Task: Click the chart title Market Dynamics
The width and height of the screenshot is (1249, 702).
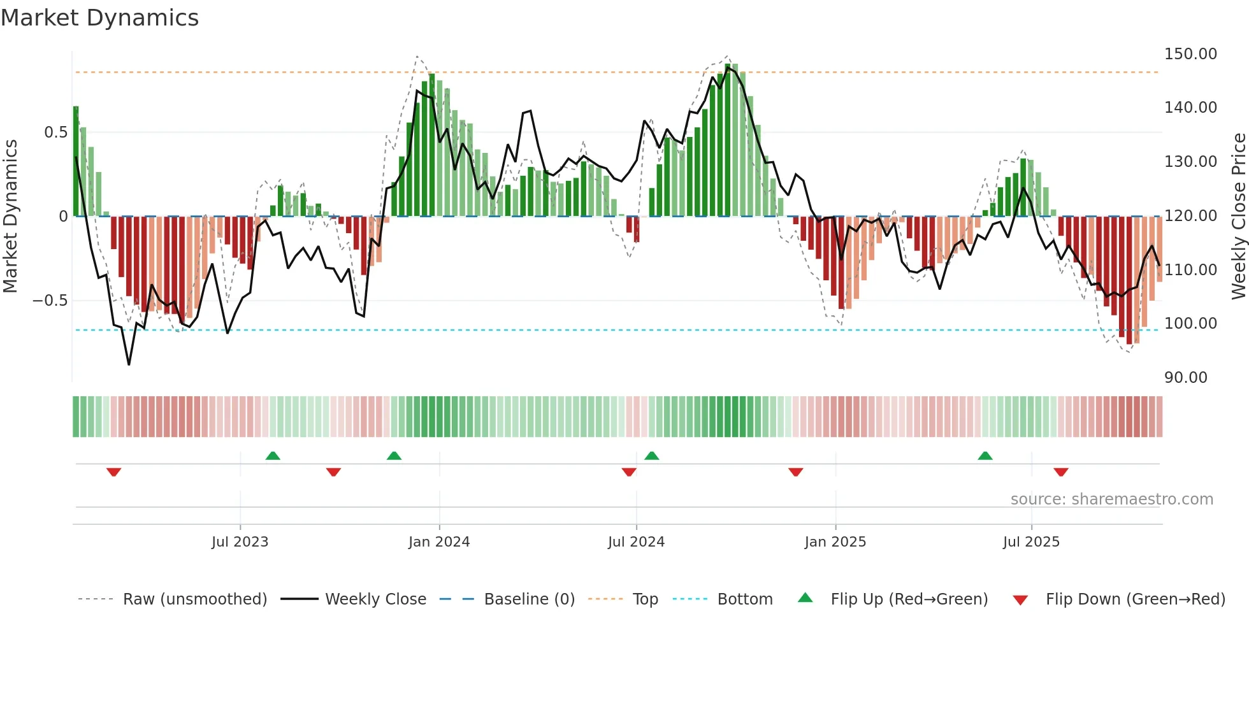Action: [x=100, y=18]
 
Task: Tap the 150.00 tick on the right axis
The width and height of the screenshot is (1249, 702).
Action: [x=1190, y=54]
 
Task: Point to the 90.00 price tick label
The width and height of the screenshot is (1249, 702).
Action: [x=1185, y=378]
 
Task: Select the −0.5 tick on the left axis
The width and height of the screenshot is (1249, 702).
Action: [x=50, y=301]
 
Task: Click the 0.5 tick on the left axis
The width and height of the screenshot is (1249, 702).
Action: [x=55, y=133]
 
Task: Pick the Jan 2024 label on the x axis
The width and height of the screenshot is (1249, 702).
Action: [x=439, y=542]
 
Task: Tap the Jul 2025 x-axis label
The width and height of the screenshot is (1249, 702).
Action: [x=1031, y=542]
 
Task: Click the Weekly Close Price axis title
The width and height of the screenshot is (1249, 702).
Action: [x=1238, y=217]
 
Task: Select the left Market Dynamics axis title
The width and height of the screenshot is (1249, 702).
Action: [x=10, y=217]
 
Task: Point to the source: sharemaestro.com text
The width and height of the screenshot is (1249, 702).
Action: [x=1111, y=499]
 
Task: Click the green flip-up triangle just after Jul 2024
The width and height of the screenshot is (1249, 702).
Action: [x=651, y=455]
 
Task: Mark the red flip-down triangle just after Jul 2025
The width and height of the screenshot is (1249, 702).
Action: [x=1060, y=472]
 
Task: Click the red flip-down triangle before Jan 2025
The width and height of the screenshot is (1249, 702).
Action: [x=795, y=472]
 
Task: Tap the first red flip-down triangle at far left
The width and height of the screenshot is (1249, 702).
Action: [x=114, y=472]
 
